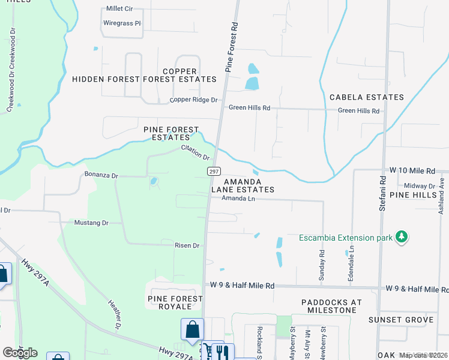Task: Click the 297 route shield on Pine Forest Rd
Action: (x=214, y=172)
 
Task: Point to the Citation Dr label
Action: (x=195, y=153)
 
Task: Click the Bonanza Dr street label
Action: (x=102, y=176)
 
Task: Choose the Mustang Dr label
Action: (x=91, y=223)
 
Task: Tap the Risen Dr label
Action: (x=187, y=245)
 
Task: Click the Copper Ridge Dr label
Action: (x=193, y=100)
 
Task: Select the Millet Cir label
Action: (x=119, y=9)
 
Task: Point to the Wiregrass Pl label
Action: (x=122, y=23)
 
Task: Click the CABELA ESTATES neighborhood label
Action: (x=366, y=97)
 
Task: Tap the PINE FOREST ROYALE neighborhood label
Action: (x=171, y=302)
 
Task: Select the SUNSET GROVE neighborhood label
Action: (x=401, y=320)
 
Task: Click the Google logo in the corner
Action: (x=19, y=352)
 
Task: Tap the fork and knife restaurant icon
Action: (x=220, y=351)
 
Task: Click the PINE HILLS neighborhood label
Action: (x=413, y=196)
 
